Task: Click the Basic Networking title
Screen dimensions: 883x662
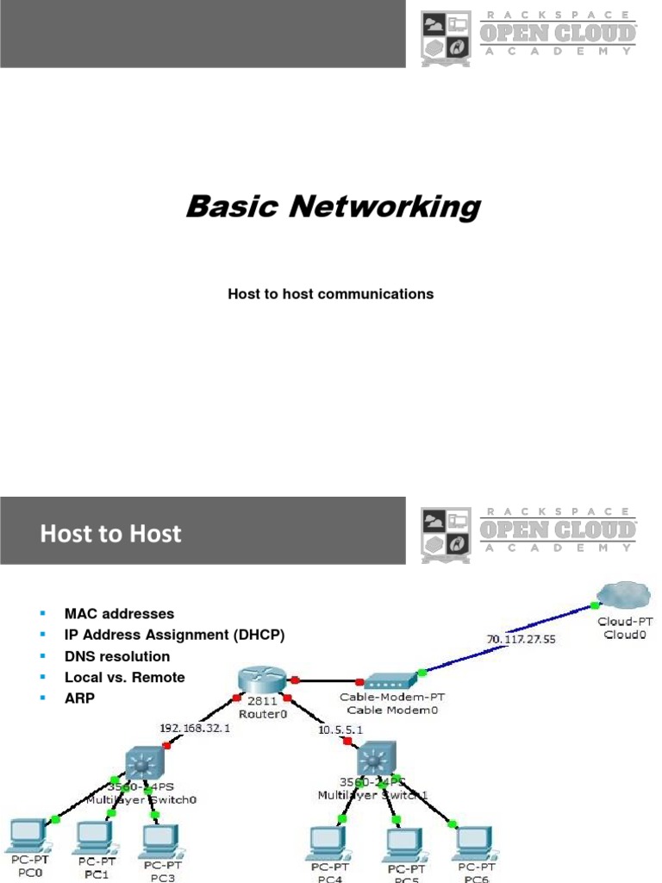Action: tap(333, 208)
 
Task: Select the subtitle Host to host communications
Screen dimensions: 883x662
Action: tap(330, 294)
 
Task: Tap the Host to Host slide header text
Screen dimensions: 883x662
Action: tap(110, 534)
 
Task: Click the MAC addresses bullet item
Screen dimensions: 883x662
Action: tap(119, 614)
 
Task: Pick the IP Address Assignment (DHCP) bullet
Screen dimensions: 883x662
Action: tap(174, 635)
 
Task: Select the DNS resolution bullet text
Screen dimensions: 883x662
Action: tap(117, 656)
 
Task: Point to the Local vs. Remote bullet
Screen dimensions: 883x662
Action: tap(124, 677)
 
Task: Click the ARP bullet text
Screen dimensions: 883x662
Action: tap(79, 698)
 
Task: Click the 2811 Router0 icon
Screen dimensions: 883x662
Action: tap(264, 680)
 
